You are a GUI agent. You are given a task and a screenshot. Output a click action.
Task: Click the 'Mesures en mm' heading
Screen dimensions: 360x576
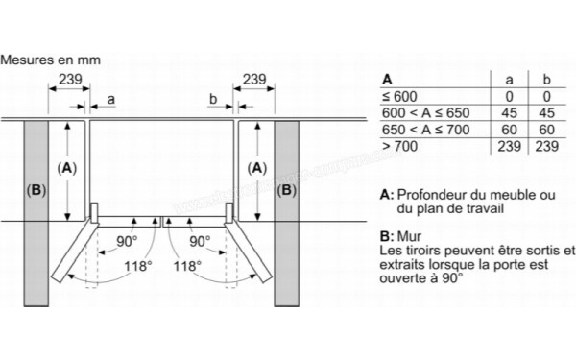[50, 60]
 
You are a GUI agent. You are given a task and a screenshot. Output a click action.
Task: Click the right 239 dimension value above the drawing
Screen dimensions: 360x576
[255, 79]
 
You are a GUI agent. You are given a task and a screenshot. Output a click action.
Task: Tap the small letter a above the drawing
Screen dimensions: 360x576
[111, 98]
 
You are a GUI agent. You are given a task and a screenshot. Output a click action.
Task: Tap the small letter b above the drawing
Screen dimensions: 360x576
[213, 98]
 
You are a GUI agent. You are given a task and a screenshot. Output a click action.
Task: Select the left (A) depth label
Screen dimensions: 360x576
[66, 167]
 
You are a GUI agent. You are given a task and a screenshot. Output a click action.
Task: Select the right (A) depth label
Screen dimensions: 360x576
[256, 167]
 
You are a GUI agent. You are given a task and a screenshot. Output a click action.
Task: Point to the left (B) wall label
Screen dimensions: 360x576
[36, 190]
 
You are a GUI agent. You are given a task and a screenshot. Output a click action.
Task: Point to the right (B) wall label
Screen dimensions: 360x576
[286, 190]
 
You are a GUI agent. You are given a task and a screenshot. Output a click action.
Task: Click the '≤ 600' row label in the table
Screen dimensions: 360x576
[399, 96]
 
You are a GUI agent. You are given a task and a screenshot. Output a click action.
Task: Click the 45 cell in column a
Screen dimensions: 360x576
[510, 112]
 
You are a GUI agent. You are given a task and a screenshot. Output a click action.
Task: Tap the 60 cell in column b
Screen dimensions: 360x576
[544, 129]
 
